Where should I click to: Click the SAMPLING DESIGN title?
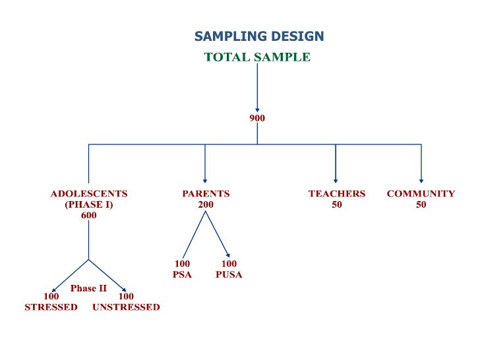(x=258, y=36)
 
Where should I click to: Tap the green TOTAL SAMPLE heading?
(x=257, y=57)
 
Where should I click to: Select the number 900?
(x=257, y=119)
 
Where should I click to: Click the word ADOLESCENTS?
(x=89, y=194)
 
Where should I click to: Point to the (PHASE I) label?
(x=89, y=204)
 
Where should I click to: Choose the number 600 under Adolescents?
(x=89, y=215)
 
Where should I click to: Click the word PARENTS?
(x=206, y=194)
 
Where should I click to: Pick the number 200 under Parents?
(x=206, y=204)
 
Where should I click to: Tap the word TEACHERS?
(x=336, y=194)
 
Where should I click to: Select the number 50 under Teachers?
(x=336, y=204)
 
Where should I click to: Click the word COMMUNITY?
(x=421, y=194)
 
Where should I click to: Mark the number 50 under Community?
(x=421, y=204)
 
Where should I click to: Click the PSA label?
(x=182, y=274)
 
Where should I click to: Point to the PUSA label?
(x=229, y=274)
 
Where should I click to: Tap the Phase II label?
(x=88, y=288)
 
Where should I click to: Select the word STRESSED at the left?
(x=51, y=307)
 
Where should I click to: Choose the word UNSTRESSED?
(x=126, y=307)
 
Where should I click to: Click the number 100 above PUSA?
(x=229, y=264)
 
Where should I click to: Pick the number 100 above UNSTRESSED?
(x=126, y=297)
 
